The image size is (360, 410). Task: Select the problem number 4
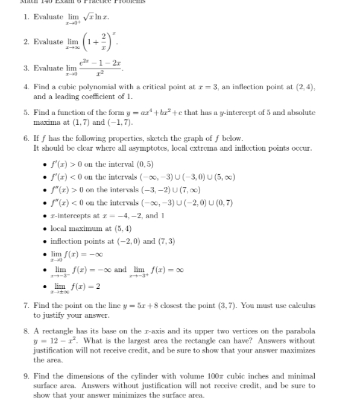[26, 87]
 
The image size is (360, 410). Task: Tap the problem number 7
[26, 305]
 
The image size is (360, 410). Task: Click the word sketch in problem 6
[172, 138]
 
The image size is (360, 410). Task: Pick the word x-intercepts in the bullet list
[68, 216]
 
